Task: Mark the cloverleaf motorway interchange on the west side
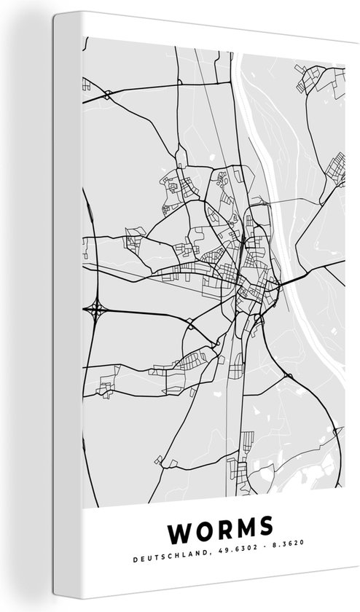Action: [95, 310]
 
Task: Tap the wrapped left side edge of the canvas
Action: [66, 306]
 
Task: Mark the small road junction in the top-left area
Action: [107, 94]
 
